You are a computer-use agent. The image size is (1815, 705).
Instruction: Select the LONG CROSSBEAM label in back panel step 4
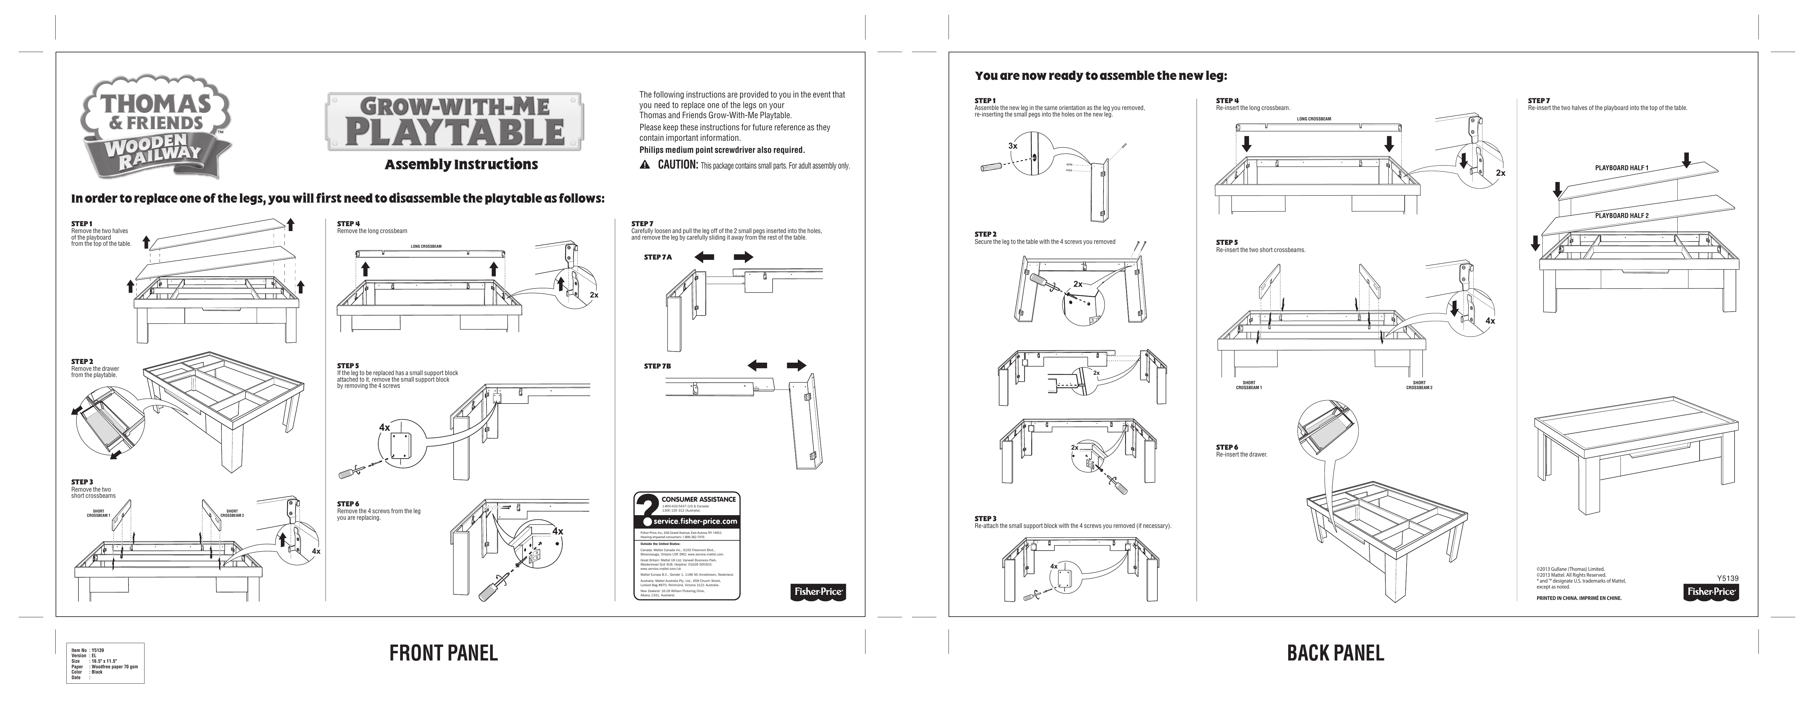pos(1314,119)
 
